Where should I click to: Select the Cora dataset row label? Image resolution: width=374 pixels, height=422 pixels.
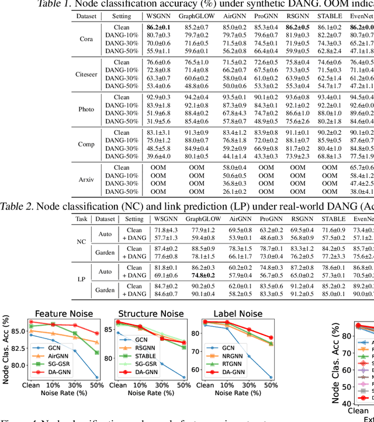click(x=86, y=39)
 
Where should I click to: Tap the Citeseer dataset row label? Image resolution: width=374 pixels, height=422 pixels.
click(x=86, y=74)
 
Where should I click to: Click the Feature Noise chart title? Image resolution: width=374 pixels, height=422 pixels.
click(x=61, y=313)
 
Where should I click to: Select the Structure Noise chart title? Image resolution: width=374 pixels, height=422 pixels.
click(x=150, y=313)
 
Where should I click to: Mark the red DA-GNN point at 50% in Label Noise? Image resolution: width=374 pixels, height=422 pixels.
click(x=270, y=338)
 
